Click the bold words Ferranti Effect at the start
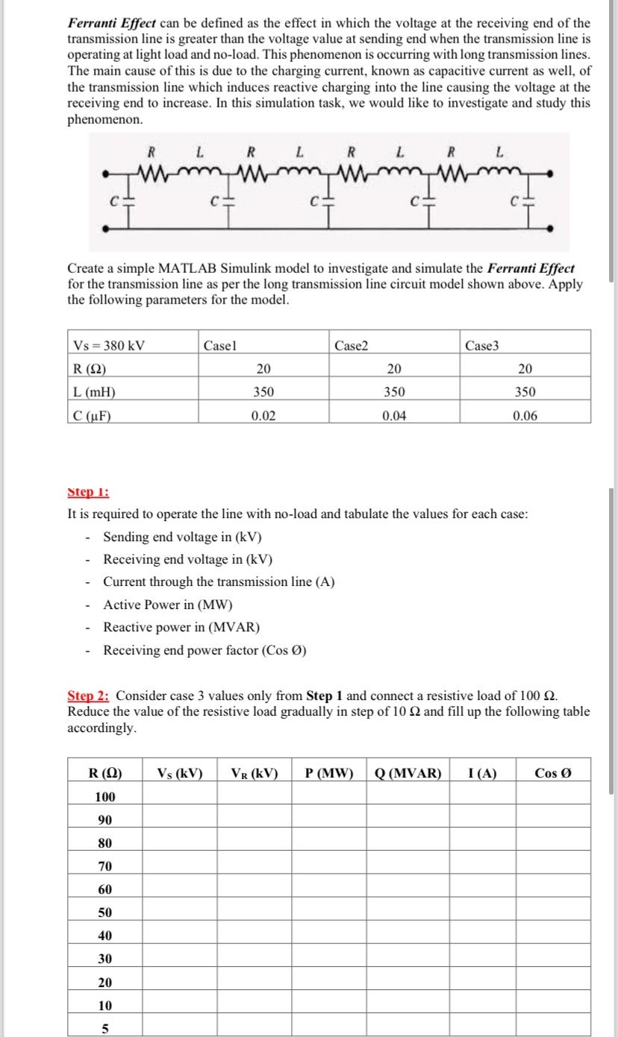[112, 23]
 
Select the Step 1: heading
[88, 492]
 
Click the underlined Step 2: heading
[89, 696]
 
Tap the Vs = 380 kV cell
[109, 345]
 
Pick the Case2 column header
[351, 345]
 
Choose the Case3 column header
[481, 345]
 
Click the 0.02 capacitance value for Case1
[263, 416]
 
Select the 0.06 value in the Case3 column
[525, 416]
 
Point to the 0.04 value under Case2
[393, 416]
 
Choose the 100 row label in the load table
[105, 796]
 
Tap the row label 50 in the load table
[105, 913]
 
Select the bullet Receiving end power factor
[205, 650]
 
